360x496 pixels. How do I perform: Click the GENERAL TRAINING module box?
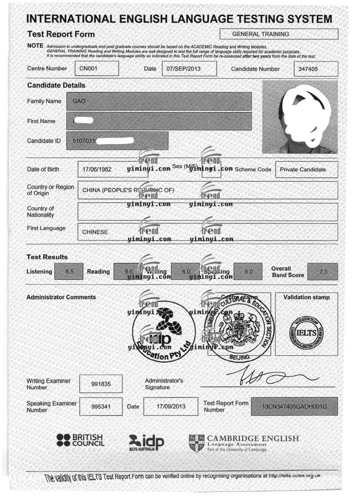click(x=279, y=34)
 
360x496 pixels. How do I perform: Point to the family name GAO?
click(x=78, y=101)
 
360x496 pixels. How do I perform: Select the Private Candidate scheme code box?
click(x=306, y=170)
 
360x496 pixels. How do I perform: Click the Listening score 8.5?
click(x=70, y=272)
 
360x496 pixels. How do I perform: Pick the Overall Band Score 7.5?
click(x=323, y=272)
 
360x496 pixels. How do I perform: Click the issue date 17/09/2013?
click(x=166, y=407)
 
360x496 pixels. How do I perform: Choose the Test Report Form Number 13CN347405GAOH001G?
click(x=294, y=407)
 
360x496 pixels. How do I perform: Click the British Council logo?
click(x=81, y=441)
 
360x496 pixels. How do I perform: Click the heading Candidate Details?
click(x=56, y=85)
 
